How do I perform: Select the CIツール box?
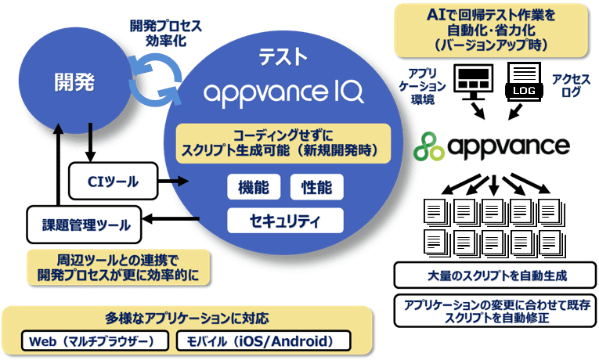[x=114, y=182]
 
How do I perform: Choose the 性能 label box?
[x=316, y=188]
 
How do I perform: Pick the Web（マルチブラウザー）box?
[x=96, y=341]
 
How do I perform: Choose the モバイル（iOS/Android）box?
[x=264, y=341]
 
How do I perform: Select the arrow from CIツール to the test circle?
[x=176, y=182]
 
